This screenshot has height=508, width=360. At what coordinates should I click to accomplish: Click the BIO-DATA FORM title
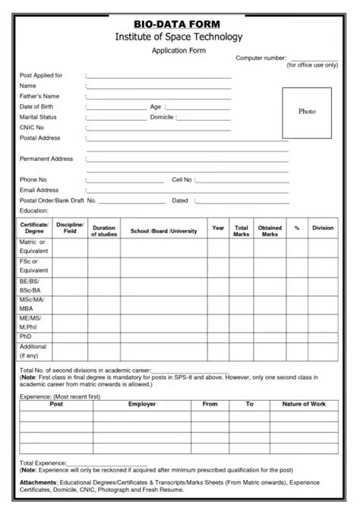pyautogui.click(x=178, y=24)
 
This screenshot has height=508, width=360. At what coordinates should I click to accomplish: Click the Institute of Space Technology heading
pyautogui.click(x=178, y=36)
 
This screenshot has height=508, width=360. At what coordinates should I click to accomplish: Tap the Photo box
pyautogui.click(x=307, y=112)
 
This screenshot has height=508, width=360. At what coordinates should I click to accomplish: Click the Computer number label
pyautogui.click(x=261, y=58)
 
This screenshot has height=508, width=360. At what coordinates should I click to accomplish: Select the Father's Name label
pyautogui.click(x=39, y=96)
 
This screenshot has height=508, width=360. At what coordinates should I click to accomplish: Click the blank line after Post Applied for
pyautogui.click(x=159, y=77)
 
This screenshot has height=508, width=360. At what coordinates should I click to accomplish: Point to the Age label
pyautogui.click(x=156, y=107)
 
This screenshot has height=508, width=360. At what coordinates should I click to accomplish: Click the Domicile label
pyautogui.click(x=164, y=118)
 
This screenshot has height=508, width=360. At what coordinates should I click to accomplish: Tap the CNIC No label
pyautogui.click(x=33, y=128)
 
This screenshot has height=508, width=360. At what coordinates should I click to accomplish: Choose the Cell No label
pyautogui.click(x=182, y=179)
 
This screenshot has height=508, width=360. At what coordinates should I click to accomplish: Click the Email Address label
pyautogui.click(x=39, y=190)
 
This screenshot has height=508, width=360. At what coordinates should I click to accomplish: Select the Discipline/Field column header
pyautogui.click(x=70, y=228)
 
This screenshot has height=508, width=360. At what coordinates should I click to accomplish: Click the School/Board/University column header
pyautogui.click(x=163, y=231)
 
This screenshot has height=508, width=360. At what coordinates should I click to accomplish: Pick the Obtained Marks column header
pyautogui.click(x=270, y=231)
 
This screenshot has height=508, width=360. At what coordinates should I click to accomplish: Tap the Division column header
pyautogui.click(x=323, y=228)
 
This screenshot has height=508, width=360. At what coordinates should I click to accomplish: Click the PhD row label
pyautogui.click(x=26, y=336)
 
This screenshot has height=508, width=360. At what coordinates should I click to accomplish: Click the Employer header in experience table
pyautogui.click(x=142, y=404)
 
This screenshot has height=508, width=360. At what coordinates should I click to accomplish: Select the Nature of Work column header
pyautogui.click(x=304, y=404)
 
